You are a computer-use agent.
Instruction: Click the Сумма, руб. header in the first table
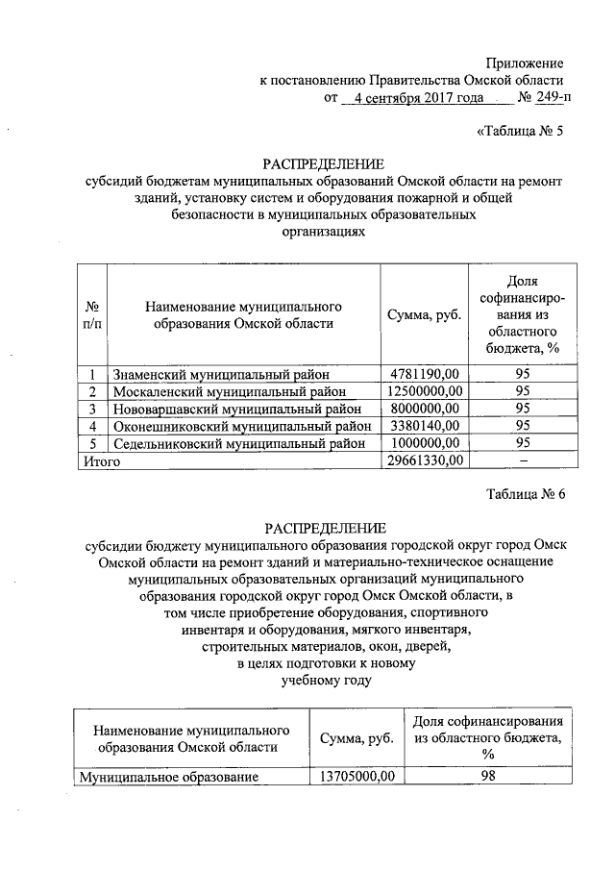(x=425, y=315)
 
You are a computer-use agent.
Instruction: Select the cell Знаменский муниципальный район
(x=220, y=374)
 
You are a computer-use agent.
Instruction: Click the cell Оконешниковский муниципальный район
(x=242, y=426)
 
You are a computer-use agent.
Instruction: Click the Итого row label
(x=97, y=461)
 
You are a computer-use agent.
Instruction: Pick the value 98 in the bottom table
(x=488, y=774)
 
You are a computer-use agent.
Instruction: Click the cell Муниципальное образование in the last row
(x=169, y=775)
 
